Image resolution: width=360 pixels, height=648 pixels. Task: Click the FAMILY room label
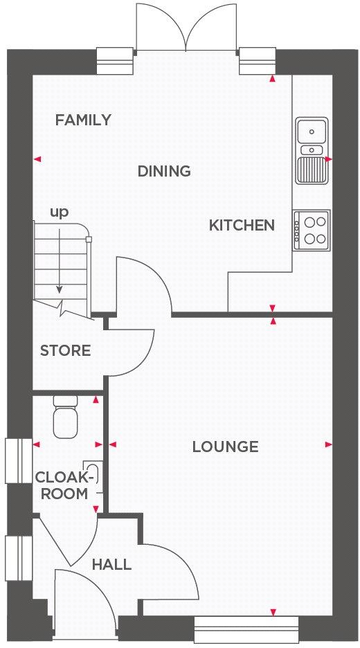pyautogui.click(x=83, y=120)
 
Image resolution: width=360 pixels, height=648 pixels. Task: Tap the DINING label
pyautogui.click(x=164, y=171)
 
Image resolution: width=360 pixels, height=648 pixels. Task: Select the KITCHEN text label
pyautogui.click(x=242, y=225)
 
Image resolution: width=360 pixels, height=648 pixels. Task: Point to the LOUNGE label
pyautogui.click(x=225, y=447)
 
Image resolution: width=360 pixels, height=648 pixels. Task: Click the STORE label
pyautogui.click(x=65, y=350)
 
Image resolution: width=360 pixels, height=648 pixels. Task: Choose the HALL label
pyautogui.click(x=111, y=565)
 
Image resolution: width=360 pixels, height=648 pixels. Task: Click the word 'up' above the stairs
pyautogui.click(x=59, y=212)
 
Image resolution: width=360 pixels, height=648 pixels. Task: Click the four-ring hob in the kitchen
pyautogui.click(x=312, y=231)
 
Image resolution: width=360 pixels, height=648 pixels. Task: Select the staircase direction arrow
pyautogui.click(x=60, y=263)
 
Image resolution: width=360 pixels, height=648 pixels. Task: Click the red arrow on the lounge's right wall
pyautogui.click(x=328, y=444)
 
